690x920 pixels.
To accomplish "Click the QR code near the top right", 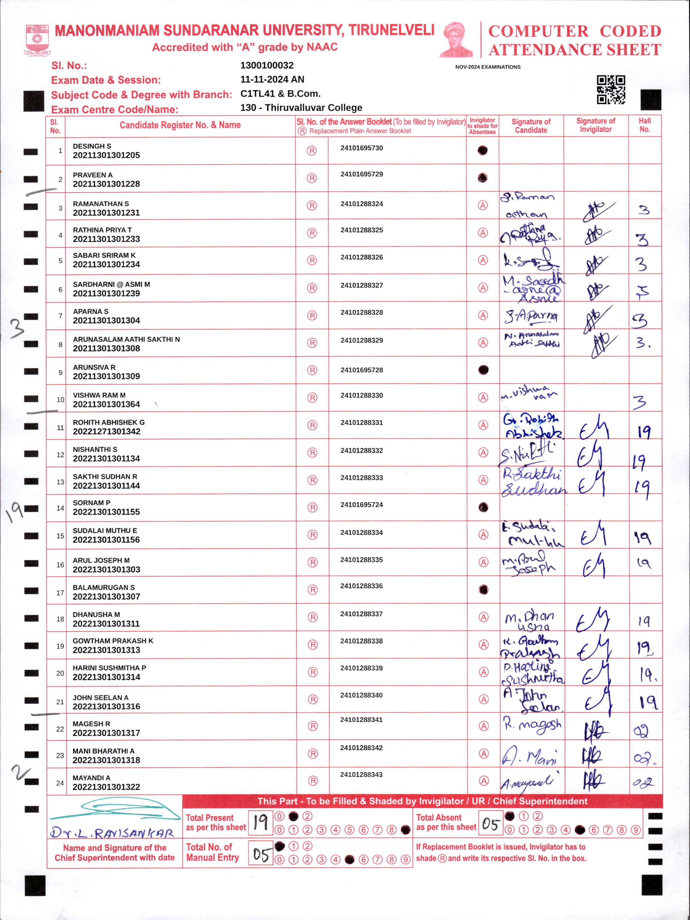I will [x=611, y=89].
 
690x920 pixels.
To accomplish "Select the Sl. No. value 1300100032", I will [x=267, y=65].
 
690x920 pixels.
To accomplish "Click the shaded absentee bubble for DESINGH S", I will [x=482, y=150].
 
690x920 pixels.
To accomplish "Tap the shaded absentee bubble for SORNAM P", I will [x=483, y=507].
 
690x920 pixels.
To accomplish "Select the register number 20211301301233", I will [x=106, y=239].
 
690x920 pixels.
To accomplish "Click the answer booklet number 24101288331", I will [x=361, y=423].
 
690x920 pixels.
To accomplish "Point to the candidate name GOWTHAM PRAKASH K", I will [x=113, y=641].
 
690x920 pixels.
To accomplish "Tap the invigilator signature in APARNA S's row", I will [x=596, y=318].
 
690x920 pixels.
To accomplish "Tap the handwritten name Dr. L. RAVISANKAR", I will [x=111, y=833].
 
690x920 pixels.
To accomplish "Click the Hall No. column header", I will [x=644, y=125].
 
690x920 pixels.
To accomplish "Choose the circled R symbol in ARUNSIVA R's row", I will [x=312, y=370].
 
